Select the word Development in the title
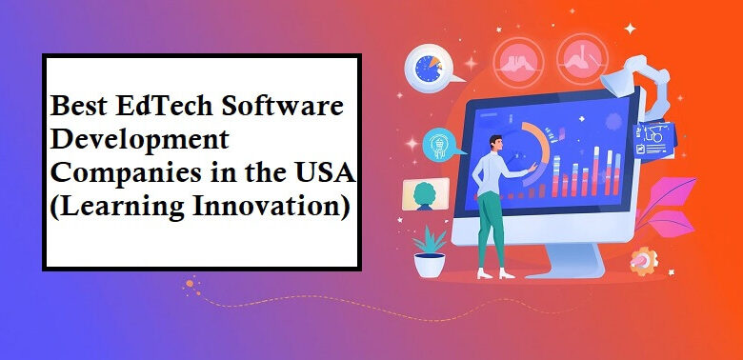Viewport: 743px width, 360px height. tap(139, 141)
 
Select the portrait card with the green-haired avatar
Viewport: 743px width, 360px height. tap(424, 195)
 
